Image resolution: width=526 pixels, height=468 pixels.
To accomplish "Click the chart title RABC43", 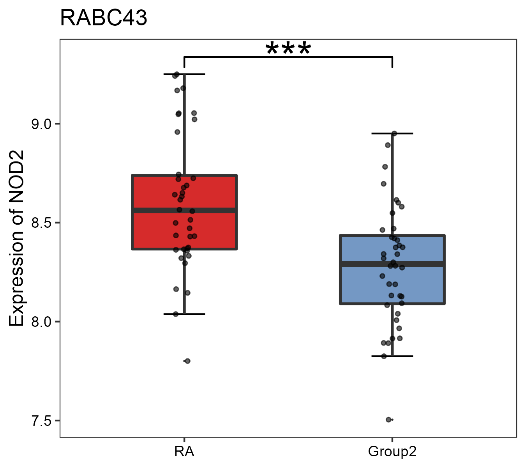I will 104,18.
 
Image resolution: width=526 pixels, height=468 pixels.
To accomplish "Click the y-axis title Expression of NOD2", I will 17,238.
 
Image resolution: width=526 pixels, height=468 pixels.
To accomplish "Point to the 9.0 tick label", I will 41,124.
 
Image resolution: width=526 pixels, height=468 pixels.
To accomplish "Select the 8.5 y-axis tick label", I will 41,223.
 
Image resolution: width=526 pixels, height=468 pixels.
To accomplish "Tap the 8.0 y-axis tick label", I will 41,322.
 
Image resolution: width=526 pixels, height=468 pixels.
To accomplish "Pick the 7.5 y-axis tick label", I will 41,421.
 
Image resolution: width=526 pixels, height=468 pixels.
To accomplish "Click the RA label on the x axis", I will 184,452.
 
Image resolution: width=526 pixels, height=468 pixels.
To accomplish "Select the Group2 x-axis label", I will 392,452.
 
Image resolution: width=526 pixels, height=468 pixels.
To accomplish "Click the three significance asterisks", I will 288,49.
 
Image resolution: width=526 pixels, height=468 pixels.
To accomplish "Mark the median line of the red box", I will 210,211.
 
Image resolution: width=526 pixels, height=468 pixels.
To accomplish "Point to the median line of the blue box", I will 421,264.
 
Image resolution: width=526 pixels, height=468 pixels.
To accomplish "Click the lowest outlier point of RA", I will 187,361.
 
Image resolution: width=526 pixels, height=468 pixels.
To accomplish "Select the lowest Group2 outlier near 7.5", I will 388,420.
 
